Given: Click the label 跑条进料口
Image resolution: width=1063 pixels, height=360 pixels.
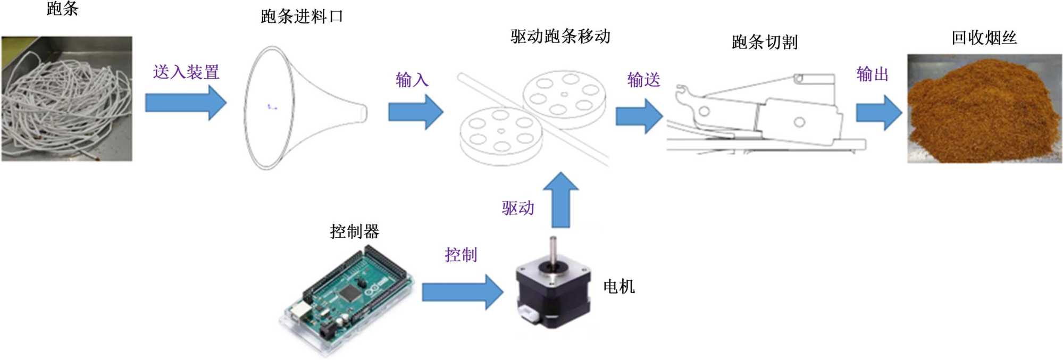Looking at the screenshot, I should pyautogui.click(x=302, y=16).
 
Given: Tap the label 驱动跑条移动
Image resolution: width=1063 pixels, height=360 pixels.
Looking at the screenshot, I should pyautogui.click(x=560, y=36).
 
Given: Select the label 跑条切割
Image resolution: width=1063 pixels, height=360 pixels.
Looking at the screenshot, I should pyautogui.click(x=764, y=42).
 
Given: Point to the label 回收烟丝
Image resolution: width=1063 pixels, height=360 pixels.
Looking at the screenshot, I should pyautogui.click(x=983, y=38).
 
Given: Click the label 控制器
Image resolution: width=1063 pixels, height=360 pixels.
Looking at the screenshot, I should pyautogui.click(x=354, y=231).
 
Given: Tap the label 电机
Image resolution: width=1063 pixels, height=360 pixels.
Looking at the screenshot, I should pyautogui.click(x=618, y=287).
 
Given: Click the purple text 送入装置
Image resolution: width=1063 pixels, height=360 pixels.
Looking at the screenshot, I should pyautogui.click(x=186, y=72).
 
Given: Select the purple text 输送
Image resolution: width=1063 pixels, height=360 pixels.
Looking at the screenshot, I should pyautogui.click(x=643, y=80).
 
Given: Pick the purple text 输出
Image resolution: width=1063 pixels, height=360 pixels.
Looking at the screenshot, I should pyautogui.click(x=872, y=74).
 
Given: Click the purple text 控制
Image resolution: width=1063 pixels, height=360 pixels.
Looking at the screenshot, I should pyautogui.click(x=461, y=255).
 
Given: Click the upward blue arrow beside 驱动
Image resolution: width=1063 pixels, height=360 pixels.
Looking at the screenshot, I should pyautogui.click(x=560, y=199).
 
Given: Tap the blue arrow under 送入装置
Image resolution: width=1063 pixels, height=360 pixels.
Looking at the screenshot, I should pyautogui.click(x=186, y=103).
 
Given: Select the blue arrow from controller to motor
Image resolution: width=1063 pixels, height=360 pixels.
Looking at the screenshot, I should pyautogui.click(x=462, y=292).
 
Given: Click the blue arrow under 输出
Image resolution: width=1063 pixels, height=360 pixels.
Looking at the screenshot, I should pyautogui.click(x=878, y=113).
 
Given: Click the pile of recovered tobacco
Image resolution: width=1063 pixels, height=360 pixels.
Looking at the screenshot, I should pyautogui.click(x=984, y=112).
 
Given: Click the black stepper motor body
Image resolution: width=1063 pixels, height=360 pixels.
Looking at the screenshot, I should pyautogui.click(x=553, y=292).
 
